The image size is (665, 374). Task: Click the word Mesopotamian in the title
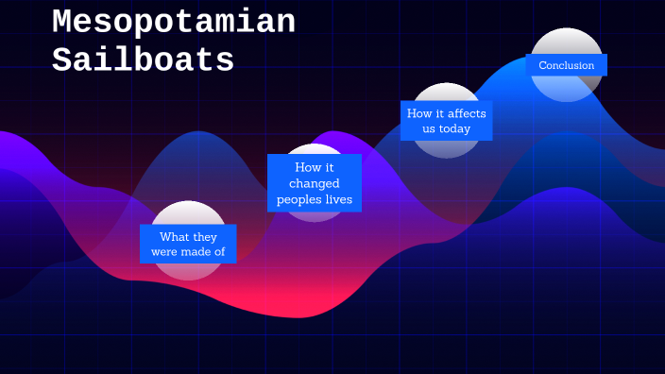tap(173, 23)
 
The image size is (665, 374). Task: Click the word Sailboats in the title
tap(143, 61)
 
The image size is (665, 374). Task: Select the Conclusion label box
tap(567, 65)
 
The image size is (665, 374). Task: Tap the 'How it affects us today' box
tap(447, 121)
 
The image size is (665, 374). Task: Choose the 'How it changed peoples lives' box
tap(314, 183)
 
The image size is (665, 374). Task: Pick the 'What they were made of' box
tap(188, 244)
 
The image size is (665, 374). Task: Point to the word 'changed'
tap(315, 183)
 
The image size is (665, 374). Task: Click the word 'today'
tap(454, 128)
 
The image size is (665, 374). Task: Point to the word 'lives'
tap(337, 199)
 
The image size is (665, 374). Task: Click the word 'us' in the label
tap(429, 128)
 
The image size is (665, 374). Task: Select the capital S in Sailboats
tap(63, 61)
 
